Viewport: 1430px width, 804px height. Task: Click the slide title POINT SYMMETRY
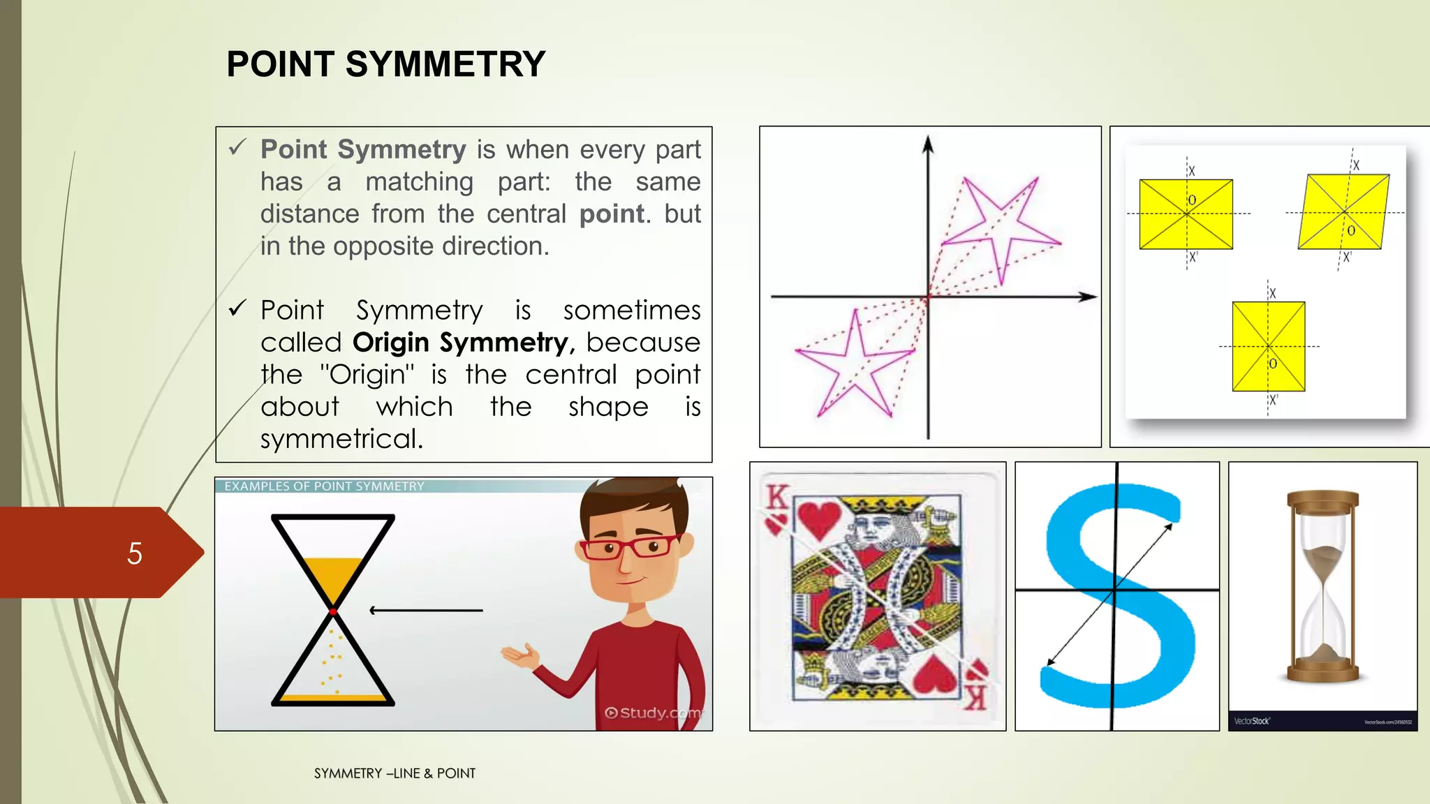click(x=385, y=64)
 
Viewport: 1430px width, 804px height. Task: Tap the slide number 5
click(x=135, y=553)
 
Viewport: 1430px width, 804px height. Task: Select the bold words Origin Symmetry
click(x=461, y=343)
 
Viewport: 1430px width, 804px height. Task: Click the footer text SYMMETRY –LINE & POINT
click(x=395, y=773)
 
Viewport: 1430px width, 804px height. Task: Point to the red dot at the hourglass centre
click(x=333, y=611)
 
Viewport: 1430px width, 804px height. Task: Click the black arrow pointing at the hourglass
click(x=425, y=611)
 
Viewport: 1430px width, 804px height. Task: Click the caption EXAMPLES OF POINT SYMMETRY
click(x=324, y=486)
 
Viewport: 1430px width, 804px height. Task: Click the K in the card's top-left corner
click(x=776, y=497)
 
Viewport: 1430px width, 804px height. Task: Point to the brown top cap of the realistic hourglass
click(x=1322, y=500)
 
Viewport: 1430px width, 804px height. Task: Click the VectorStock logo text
click(x=1251, y=721)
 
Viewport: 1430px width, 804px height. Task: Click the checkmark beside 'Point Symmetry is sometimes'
click(x=237, y=308)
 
